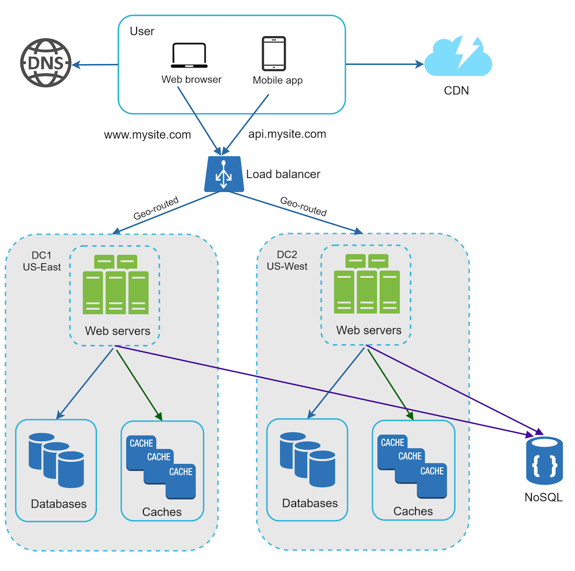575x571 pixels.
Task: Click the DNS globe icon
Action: click(x=46, y=63)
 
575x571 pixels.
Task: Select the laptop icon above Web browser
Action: click(x=189, y=56)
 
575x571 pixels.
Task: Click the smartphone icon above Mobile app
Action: click(x=274, y=54)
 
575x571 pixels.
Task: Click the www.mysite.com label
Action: click(x=148, y=135)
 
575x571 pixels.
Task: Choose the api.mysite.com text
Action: click(x=287, y=134)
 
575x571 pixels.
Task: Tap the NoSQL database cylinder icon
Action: click(x=544, y=461)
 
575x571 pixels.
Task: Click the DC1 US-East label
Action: click(x=42, y=261)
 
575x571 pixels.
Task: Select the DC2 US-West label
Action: click(x=287, y=261)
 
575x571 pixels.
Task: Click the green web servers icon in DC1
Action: click(x=115, y=285)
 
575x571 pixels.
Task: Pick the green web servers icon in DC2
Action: click(x=367, y=284)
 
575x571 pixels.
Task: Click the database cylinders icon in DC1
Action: click(x=57, y=460)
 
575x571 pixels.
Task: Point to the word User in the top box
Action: click(x=142, y=32)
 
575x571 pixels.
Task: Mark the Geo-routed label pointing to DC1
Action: click(x=156, y=208)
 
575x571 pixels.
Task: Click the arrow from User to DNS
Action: click(x=96, y=65)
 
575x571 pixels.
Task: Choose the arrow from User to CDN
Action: click(x=383, y=64)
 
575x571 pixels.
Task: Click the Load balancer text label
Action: click(x=283, y=175)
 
